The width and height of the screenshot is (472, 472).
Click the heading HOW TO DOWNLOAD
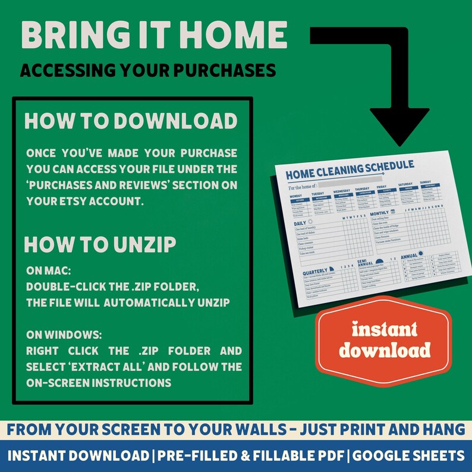[131, 121]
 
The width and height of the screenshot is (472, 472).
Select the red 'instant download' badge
[383, 339]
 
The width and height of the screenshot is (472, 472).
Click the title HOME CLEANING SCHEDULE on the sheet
[350, 169]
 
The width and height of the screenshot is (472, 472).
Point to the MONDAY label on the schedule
[296, 195]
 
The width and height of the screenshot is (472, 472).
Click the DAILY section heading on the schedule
[300, 224]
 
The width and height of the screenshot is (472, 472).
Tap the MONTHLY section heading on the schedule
[379, 213]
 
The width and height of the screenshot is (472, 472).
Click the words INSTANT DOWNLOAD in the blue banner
[78, 456]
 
